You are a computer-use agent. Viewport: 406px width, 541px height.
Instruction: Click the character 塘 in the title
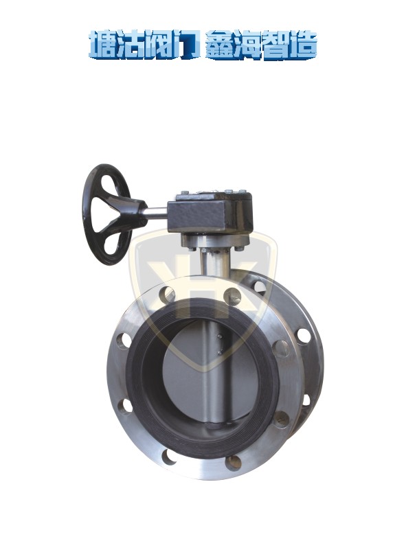pos(102,45)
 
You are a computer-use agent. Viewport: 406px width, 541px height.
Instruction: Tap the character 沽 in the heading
pos(130,45)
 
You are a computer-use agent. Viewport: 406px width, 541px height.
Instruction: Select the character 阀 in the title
pos(157,45)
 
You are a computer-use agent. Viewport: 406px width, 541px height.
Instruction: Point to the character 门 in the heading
pos(185,45)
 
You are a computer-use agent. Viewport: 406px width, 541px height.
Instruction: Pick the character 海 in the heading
pos(247,45)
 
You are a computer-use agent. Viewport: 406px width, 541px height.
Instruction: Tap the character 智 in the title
pos(275,45)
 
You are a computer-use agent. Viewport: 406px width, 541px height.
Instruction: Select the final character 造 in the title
pos(303,45)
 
